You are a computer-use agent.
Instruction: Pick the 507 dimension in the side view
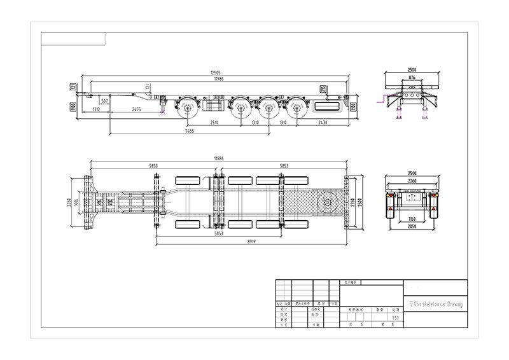104,101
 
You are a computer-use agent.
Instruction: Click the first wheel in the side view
189,109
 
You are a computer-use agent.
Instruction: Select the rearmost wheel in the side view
296,109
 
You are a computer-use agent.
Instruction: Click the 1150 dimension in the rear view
412,220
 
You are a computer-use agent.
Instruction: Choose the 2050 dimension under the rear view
412,228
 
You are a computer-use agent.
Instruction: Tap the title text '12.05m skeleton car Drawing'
435,305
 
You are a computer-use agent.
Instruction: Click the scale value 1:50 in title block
395,316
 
